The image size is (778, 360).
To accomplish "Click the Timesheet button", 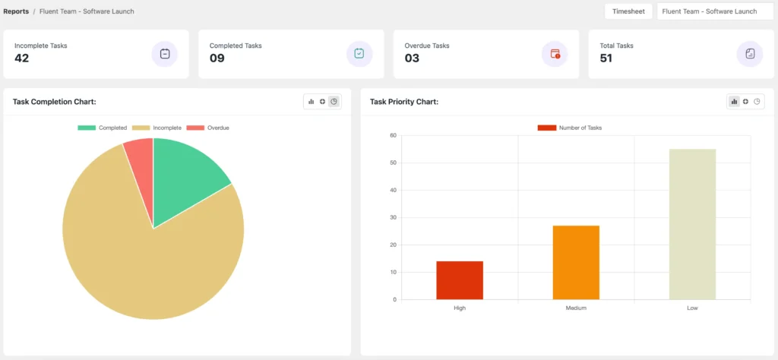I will (628, 11).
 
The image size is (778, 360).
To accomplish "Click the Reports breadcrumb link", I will (16, 11).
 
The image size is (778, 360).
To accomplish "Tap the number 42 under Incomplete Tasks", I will (22, 58).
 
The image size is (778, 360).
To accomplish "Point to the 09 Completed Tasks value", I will (217, 58).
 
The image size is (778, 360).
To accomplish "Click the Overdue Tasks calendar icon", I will (555, 54).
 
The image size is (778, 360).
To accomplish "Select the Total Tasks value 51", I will (606, 58).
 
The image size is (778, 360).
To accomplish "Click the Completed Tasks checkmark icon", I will (359, 54).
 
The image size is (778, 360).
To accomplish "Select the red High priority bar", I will (460, 280).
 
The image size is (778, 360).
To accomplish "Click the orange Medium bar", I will (576, 262).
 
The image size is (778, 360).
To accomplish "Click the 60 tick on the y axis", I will (393, 135).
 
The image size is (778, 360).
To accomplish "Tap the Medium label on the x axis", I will (576, 308).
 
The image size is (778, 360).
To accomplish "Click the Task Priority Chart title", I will (404, 102).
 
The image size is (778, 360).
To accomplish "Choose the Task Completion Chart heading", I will (54, 102).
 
